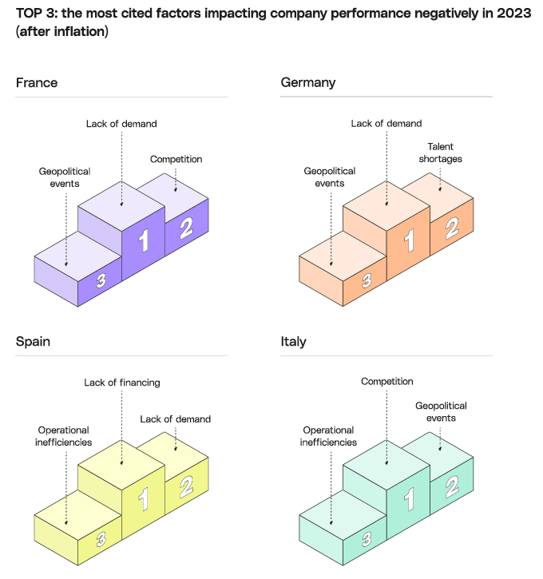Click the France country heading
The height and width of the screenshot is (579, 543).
(37, 83)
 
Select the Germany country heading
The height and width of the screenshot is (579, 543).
(308, 83)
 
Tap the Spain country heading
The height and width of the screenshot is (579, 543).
(34, 342)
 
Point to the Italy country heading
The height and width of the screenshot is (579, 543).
(294, 342)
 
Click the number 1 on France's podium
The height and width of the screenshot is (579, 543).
(144, 240)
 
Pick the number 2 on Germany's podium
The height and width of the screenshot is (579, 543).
(451, 229)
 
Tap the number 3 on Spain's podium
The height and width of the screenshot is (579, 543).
(101, 539)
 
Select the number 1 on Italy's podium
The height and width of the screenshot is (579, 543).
(409, 500)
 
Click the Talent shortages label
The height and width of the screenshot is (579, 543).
(446, 153)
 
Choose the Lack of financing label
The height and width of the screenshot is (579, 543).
(122, 383)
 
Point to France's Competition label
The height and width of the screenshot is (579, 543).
(176, 159)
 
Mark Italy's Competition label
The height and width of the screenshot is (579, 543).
(387, 382)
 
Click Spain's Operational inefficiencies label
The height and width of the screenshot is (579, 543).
(64, 436)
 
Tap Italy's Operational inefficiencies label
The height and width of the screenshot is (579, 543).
(329, 436)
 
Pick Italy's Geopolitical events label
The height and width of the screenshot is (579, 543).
(441, 412)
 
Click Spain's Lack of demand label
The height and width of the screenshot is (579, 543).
(176, 418)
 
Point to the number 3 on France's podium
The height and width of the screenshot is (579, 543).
(101, 280)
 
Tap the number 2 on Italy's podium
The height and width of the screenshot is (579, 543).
(451, 486)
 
